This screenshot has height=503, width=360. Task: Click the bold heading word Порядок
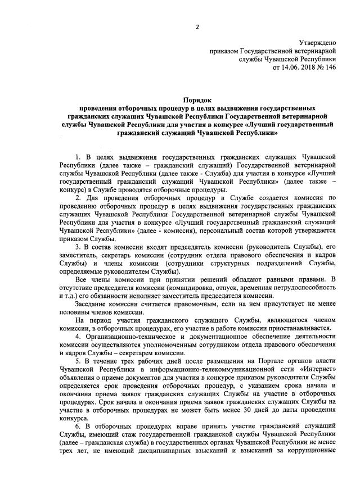coord(196,97)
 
